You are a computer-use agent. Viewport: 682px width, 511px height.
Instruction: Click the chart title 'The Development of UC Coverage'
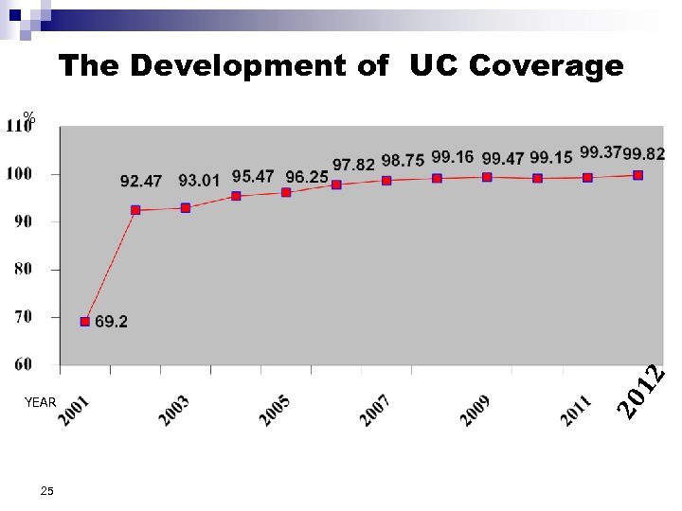(x=341, y=65)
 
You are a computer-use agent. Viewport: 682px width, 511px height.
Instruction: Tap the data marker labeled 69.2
(x=85, y=322)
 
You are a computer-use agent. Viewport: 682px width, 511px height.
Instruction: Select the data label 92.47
(x=140, y=180)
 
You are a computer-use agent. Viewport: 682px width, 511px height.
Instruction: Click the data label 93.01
(x=198, y=180)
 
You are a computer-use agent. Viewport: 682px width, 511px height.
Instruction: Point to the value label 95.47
(x=253, y=176)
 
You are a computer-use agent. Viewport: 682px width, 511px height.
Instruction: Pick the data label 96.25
(x=307, y=176)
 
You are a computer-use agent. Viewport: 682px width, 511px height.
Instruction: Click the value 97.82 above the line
(x=353, y=165)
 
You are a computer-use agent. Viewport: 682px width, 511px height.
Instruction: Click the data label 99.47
(x=503, y=157)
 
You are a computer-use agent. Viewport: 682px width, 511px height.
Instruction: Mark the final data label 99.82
(x=644, y=153)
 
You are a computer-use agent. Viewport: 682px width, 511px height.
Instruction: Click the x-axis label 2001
(x=77, y=411)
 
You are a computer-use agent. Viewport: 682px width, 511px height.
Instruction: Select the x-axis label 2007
(x=375, y=411)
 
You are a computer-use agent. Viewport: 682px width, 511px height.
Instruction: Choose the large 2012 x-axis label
(x=641, y=392)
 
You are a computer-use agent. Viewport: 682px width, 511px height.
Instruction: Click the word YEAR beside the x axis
(x=41, y=402)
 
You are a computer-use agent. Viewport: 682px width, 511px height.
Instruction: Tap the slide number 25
(x=47, y=491)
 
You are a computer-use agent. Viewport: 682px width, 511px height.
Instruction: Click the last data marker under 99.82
(x=638, y=175)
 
